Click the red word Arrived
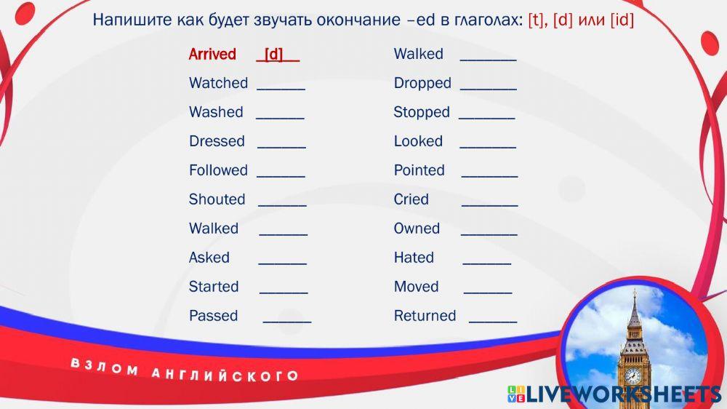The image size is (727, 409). point(212,55)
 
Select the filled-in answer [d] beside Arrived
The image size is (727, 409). point(273,55)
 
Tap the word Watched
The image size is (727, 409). point(218,83)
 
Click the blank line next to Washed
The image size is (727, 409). point(280,119)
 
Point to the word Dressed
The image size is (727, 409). point(217,141)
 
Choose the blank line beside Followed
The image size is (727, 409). point(281,177)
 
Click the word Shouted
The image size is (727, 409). point(217,199)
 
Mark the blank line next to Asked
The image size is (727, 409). point(282,264)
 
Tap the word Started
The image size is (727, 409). point(214,287)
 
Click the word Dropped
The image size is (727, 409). point(422,84)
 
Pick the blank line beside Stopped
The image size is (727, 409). point(487,119)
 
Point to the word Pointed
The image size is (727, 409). point(419,170)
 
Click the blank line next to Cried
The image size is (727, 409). point(489,206)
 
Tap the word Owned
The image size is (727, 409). point(417,229)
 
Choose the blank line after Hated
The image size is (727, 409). point(487,264)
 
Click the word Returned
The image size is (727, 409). point(425,316)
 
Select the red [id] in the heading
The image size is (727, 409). point(622,20)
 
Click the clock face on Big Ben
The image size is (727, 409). point(632,375)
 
